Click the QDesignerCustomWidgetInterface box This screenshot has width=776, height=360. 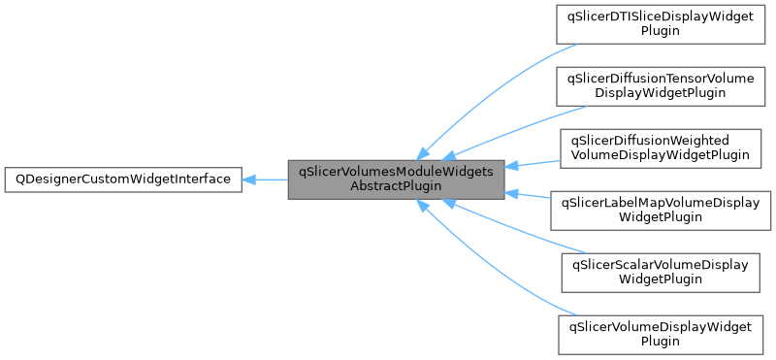[122, 180]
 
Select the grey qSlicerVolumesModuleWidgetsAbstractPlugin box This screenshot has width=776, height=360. [396, 180]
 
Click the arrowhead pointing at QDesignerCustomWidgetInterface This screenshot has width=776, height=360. [248, 180]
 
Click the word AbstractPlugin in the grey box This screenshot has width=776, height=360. [396, 187]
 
